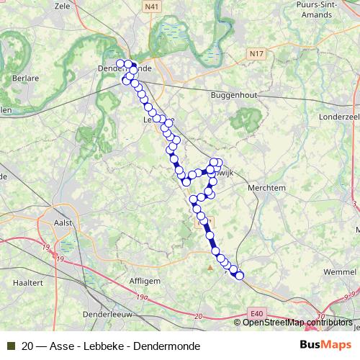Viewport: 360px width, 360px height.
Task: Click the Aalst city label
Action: coord(64,222)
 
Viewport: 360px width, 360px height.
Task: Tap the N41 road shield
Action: coord(151,6)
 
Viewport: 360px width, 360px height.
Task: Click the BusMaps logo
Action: coord(325,345)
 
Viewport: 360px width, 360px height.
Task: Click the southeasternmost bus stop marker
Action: coord(240,275)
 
